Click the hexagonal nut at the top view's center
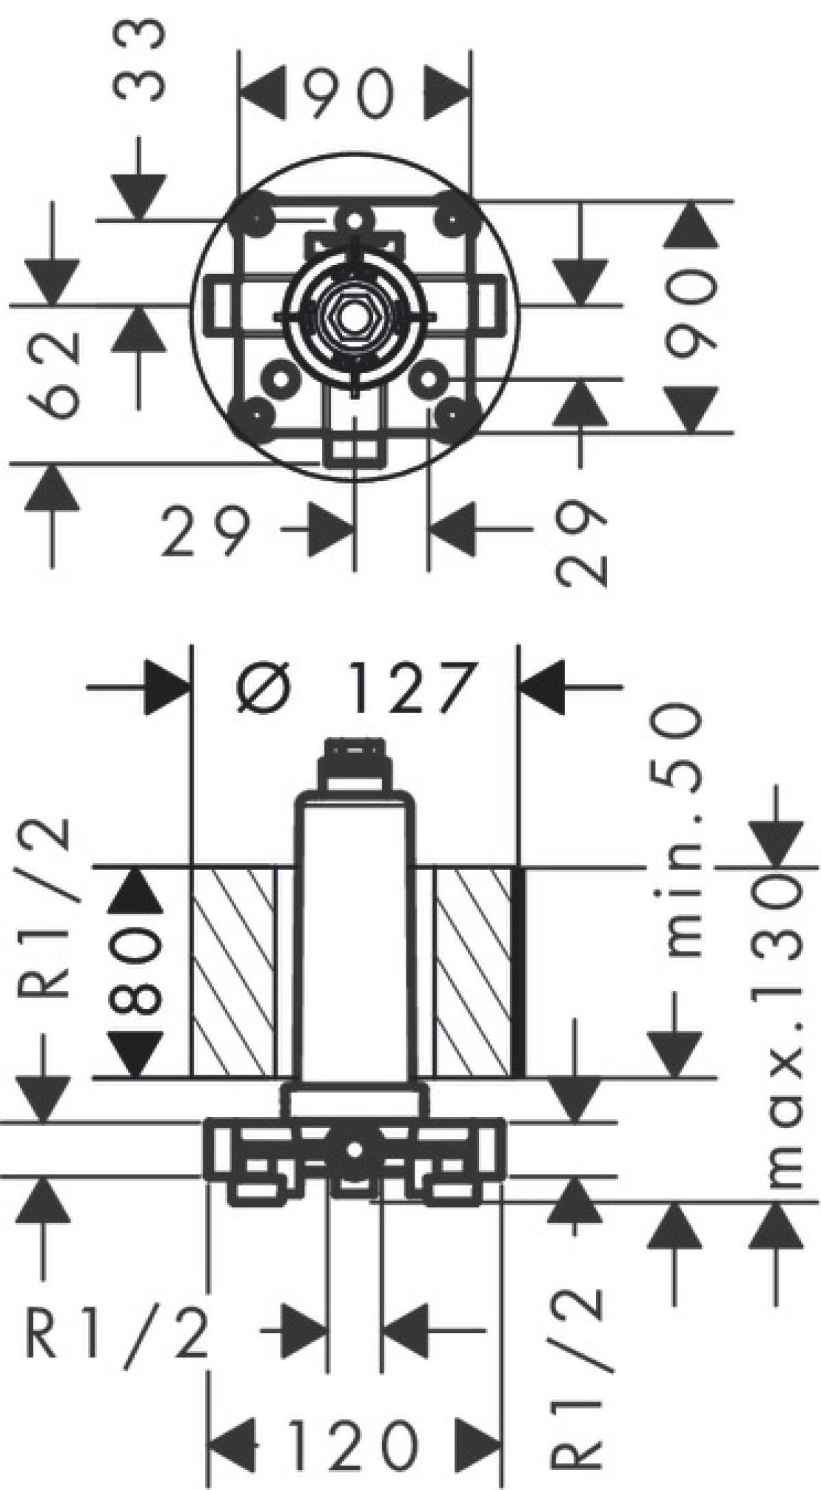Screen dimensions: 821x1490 354,316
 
